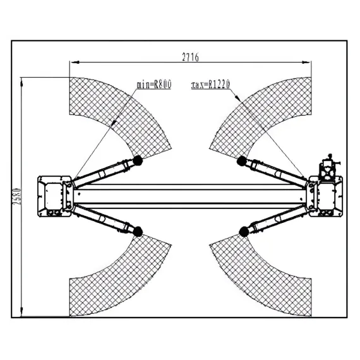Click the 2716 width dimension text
click(190, 57)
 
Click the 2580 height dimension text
click(18, 197)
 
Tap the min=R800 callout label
click(154, 85)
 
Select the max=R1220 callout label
click(210, 85)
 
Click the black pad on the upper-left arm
click(138, 160)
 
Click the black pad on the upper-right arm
click(242, 161)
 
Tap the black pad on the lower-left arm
click(138, 231)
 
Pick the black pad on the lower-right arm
click(244, 231)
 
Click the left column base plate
click(55, 196)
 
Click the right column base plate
click(325, 196)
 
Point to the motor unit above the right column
click(329, 167)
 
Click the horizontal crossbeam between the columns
click(190, 196)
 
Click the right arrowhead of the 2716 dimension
click(306, 62)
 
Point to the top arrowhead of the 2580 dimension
click(22, 82)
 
